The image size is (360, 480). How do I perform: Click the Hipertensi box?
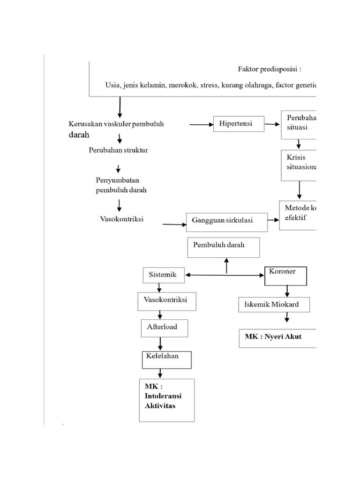click(x=239, y=124)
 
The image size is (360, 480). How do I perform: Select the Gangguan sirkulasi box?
click(x=227, y=221)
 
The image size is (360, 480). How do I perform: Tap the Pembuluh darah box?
click(x=224, y=247)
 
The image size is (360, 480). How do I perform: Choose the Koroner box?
click(x=285, y=276)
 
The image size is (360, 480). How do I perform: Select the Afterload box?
click(x=165, y=328)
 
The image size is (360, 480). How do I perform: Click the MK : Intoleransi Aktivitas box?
click(x=167, y=399)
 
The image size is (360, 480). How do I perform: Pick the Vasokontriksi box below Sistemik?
click(x=167, y=301)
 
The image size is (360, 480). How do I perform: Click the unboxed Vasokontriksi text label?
click(x=121, y=219)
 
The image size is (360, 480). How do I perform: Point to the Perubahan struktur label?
click(x=118, y=150)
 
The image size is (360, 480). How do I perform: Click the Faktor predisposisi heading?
click(x=269, y=69)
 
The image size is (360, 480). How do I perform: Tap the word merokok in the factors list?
click(x=183, y=85)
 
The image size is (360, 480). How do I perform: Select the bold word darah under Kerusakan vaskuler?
click(x=78, y=135)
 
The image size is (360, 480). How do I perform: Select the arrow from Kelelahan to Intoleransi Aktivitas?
click(x=161, y=373)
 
